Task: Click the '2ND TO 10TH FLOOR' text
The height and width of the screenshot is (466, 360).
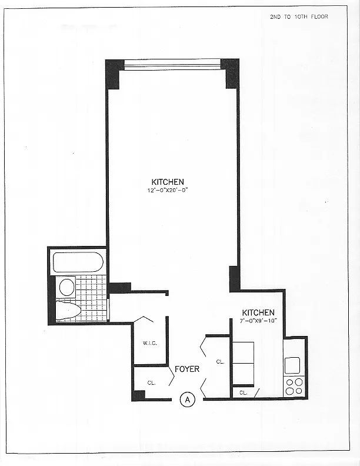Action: [x=298, y=16]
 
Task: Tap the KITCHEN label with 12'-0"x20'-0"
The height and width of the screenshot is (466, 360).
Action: [x=168, y=182]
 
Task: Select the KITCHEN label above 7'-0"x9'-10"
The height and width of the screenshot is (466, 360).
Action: [x=258, y=312]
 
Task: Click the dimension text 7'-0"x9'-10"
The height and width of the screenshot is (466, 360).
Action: [x=258, y=321]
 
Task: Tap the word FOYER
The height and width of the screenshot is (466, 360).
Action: [x=187, y=370]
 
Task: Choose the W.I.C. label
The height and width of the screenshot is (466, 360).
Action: [x=148, y=344]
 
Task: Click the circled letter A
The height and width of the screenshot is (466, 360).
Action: [x=187, y=400]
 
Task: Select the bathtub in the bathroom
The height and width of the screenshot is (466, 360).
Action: [x=78, y=262]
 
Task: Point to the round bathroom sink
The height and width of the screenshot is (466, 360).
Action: [x=67, y=287]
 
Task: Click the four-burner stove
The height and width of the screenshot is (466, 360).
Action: [x=294, y=385]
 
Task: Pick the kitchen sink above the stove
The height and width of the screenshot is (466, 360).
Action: [x=292, y=365]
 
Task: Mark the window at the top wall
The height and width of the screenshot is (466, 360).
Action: [x=172, y=64]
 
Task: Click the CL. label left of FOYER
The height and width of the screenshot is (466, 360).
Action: [x=151, y=382]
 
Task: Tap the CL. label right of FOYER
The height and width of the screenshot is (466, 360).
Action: [x=220, y=362]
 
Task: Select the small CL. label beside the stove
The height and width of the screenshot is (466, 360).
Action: [x=244, y=392]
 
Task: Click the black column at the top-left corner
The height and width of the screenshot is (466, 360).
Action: [x=112, y=74]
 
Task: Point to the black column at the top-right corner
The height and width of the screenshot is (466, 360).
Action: [x=232, y=73]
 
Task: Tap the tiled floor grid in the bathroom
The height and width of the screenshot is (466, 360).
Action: [x=92, y=297]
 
